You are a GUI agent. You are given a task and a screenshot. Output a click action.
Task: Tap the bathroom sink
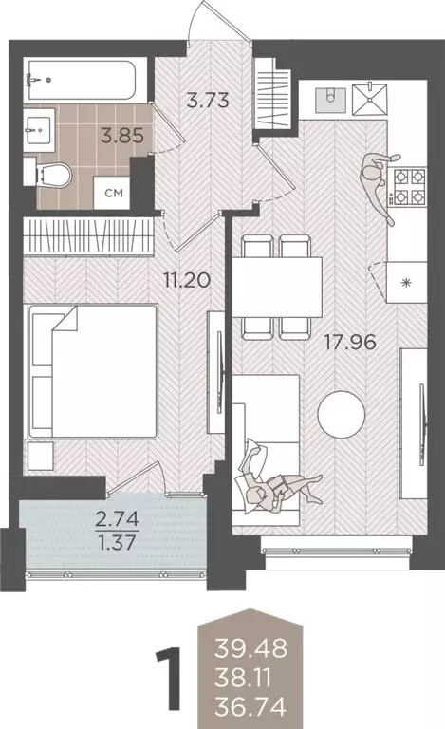tap(41, 129)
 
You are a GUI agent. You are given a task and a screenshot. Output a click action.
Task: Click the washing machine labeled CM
tap(113, 193)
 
